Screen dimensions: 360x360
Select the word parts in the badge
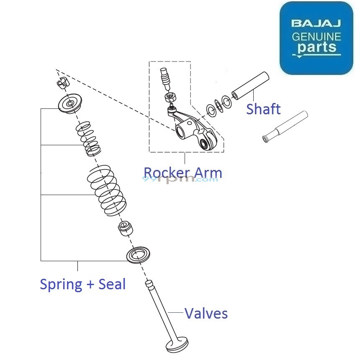click(317, 48)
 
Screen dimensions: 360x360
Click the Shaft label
click(263, 109)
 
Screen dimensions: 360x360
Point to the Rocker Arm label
click(183, 172)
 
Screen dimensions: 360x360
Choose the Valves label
click(206, 313)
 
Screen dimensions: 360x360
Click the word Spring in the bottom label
click(61, 285)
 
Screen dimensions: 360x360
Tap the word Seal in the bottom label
click(112, 285)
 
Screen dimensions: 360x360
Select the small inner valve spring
click(88, 137)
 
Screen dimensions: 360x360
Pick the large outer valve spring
click(106, 189)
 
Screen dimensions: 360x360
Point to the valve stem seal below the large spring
click(124, 229)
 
